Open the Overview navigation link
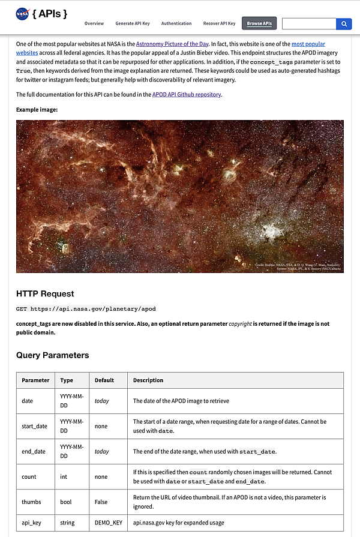(x=94, y=23)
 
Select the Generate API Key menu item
(x=133, y=23)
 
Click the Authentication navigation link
(x=176, y=23)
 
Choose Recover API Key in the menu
(x=220, y=23)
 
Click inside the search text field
(x=309, y=24)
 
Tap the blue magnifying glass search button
(x=344, y=24)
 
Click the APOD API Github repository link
(x=187, y=94)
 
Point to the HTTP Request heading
(x=45, y=293)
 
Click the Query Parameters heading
(x=52, y=355)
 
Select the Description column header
(x=148, y=380)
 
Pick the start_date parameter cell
(x=34, y=426)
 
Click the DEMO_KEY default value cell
(x=108, y=523)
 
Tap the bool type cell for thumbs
(x=66, y=502)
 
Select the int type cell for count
(x=64, y=476)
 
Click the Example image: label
(x=37, y=110)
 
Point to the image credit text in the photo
(x=298, y=266)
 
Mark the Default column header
(x=104, y=380)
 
